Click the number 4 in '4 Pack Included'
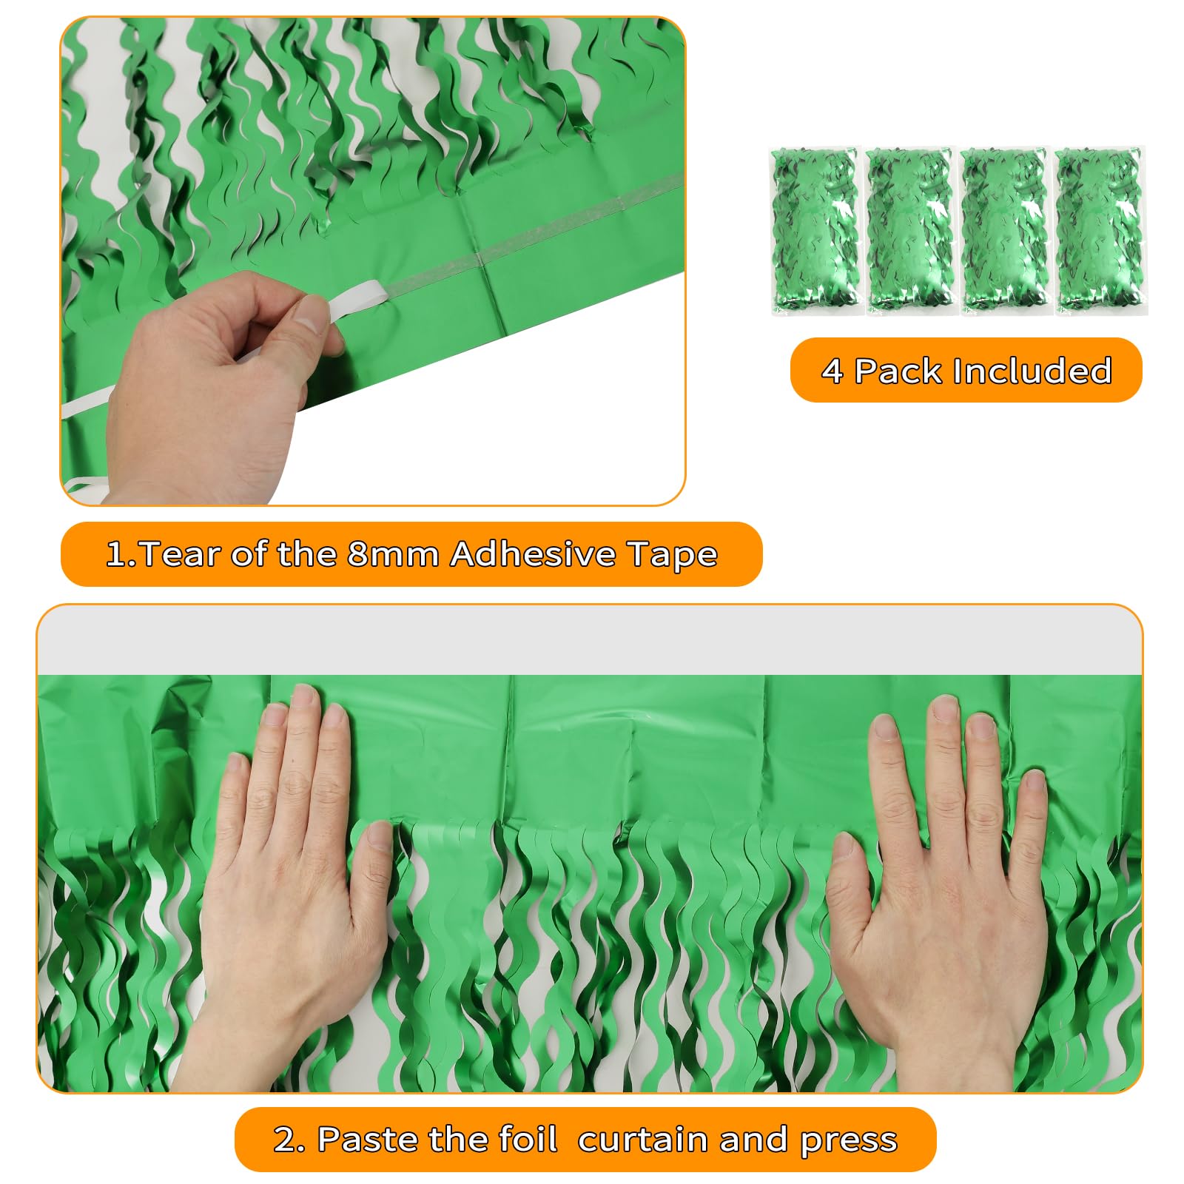click(832, 371)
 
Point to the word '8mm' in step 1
click(393, 554)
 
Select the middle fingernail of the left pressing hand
click(304, 696)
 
